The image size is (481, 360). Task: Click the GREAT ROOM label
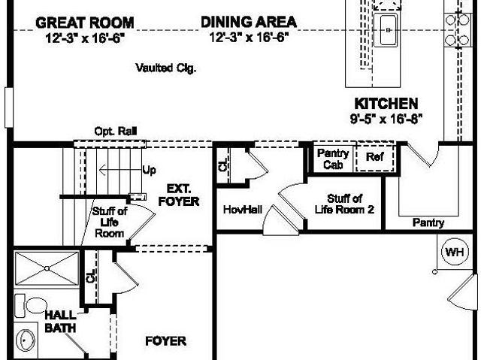tap(85, 23)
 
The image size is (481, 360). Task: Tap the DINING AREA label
tap(249, 22)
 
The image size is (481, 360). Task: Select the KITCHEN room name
tap(386, 104)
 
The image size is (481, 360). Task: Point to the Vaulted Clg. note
tap(166, 68)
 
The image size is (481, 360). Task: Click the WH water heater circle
tap(455, 252)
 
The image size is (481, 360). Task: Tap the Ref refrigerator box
tap(375, 157)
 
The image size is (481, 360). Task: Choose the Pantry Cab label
tap(333, 159)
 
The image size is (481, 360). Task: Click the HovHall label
tap(243, 210)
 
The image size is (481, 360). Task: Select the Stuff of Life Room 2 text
tap(344, 204)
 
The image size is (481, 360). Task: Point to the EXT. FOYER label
tap(179, 195)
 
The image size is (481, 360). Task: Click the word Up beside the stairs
tap(149, 170)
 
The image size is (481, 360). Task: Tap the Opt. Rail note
tap(115, 132)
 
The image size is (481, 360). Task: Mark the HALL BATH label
tap(60, 322)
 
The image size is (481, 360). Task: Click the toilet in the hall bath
tap(30, 306)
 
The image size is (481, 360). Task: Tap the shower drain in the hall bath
tap(47, 268)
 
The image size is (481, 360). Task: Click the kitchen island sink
tap(389, 30)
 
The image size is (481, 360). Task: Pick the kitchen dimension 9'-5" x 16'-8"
tap(386, 119)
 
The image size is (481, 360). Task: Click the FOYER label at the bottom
tap(165, 341)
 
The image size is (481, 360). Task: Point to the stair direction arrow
tap(120, 170)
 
